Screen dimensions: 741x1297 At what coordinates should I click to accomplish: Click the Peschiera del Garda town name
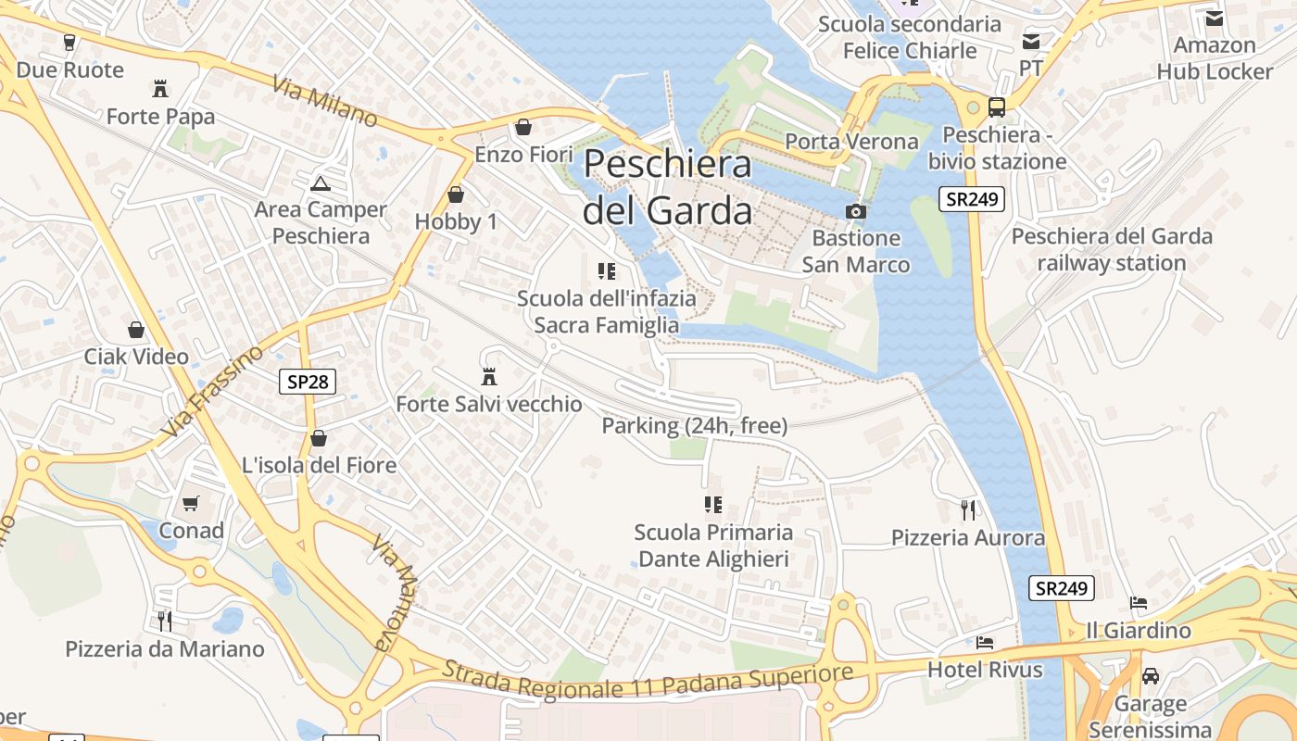pos(667,187)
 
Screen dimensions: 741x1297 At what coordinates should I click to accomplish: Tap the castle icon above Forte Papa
pos(160,89)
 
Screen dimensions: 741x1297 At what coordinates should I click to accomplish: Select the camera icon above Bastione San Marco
pos(856,211)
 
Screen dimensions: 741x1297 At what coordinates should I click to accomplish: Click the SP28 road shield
pos(308,381)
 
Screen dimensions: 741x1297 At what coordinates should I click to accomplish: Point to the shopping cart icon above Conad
pos(191,503)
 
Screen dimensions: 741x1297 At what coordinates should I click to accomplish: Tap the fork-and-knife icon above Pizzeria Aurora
pos(968,509)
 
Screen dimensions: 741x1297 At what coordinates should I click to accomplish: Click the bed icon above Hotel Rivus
pos(985,642)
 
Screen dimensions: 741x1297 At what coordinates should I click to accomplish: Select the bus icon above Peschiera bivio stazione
pos(997,107)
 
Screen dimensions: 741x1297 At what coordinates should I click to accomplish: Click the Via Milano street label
pos(325,102)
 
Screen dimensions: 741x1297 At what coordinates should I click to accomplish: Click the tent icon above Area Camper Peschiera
pos(321,182)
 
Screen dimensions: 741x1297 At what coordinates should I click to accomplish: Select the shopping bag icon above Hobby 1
pos(455,195)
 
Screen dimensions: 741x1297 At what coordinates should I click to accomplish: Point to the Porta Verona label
pos(851,142)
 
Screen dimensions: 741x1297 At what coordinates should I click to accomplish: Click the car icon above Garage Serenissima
pos(1151,676)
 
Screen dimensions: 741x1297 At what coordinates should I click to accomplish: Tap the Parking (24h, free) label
pos(695,426)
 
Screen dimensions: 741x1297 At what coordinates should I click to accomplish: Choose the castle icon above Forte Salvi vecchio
pos(489,377)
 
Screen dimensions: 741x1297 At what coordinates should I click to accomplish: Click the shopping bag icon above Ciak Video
pos(136,330)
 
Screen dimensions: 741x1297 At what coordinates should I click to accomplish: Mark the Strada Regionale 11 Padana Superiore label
pos(647,682)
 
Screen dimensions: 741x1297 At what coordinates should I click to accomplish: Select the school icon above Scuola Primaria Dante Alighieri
pos(712,505)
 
